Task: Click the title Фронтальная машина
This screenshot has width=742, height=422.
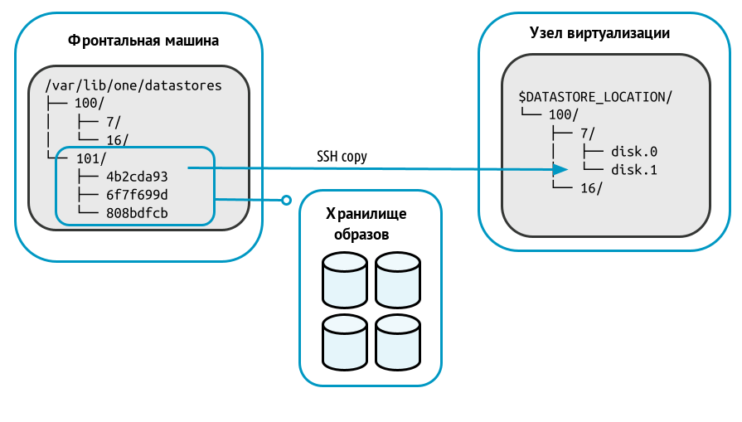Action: (x=143, y=40)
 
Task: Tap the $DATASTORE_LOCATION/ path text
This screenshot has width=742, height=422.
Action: (x=594, y=97)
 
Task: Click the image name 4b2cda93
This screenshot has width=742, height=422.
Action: (x=137, y=177)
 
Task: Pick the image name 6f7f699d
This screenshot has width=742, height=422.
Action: (x=137, y=195)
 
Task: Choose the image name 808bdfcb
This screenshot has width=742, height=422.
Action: (x=137, y=213)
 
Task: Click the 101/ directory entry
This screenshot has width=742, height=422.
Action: (x=90, y=158)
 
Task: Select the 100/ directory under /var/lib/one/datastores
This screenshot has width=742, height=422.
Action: (x=90, y=104)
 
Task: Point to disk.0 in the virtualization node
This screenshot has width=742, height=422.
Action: (x=634, y=152)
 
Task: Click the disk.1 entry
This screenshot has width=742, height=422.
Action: (x=634, y=170)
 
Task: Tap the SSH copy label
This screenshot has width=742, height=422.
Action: (x=342, y=156)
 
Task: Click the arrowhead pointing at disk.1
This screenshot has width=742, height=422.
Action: (x=560, y=170)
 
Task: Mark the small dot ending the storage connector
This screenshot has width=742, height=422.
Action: (x=286, y=200)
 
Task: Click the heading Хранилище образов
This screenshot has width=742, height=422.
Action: (x=366, y=224)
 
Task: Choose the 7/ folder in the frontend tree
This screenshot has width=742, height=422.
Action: (x=114, y=122)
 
